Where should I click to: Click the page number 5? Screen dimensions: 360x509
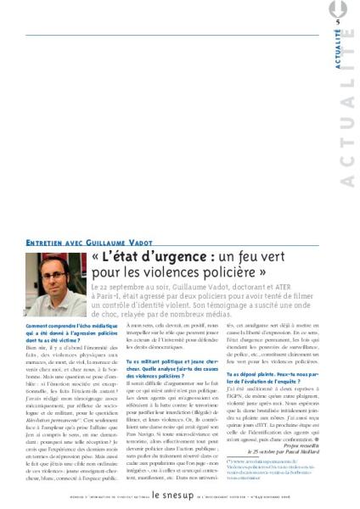pyautogui.click(x=337, y=22)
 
